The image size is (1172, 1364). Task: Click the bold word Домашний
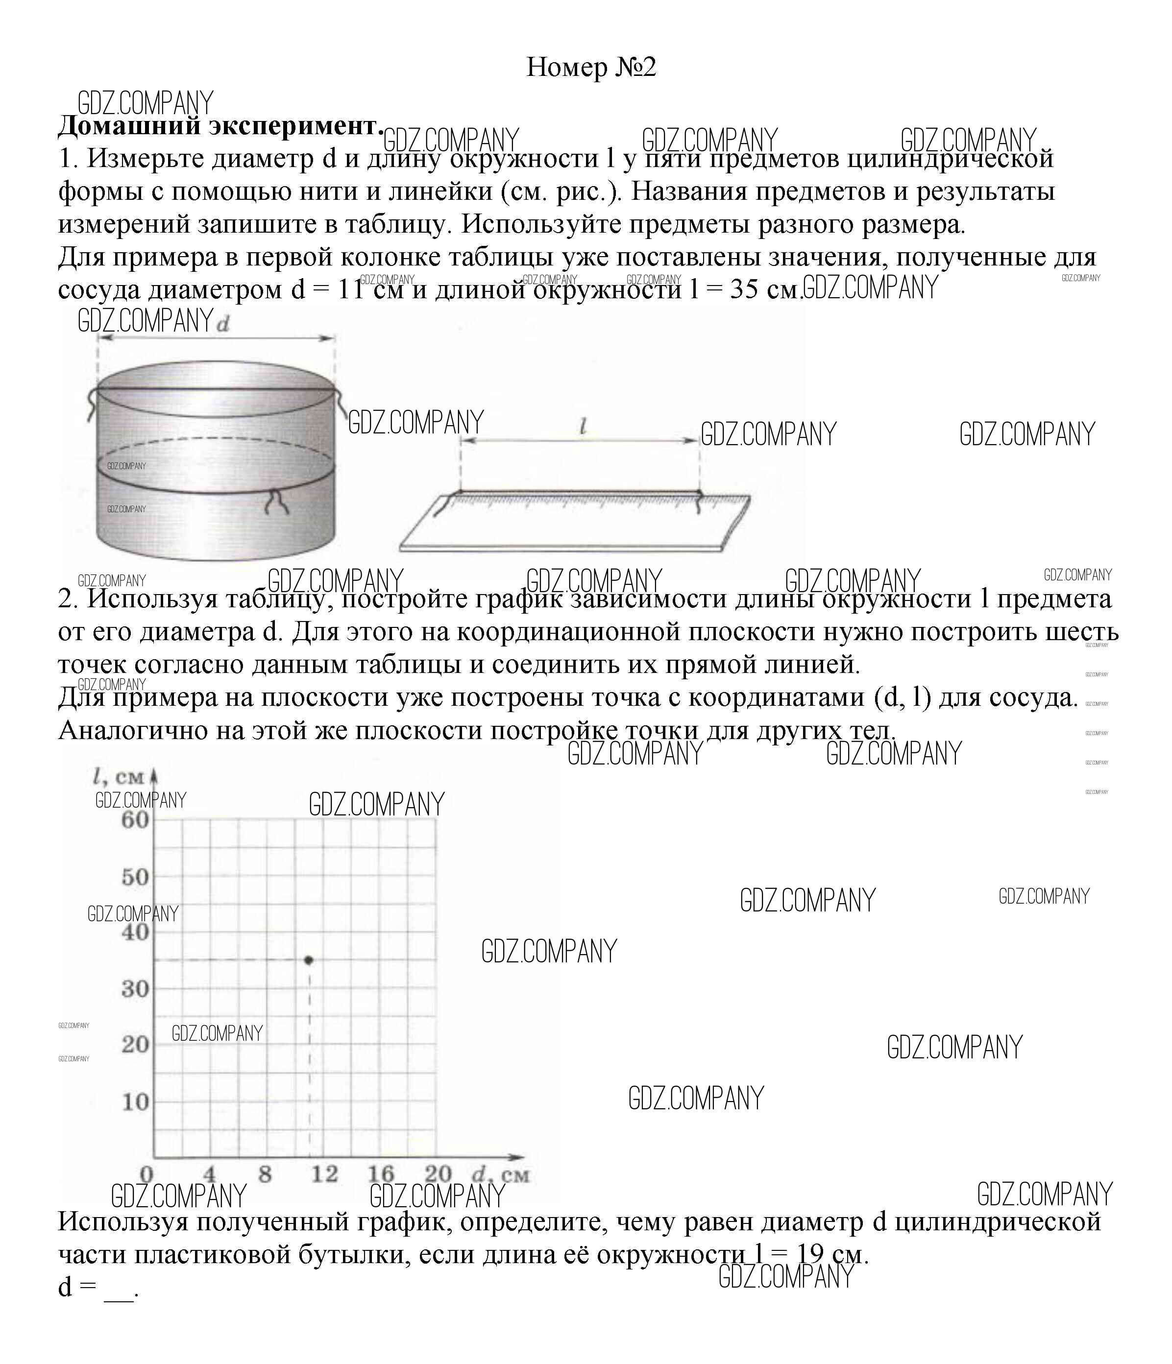pos(129,126)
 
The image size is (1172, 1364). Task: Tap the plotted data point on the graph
pos(309,960)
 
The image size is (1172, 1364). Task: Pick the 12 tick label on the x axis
pos(324,1174)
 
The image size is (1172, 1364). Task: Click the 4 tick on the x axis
pos(209,1174)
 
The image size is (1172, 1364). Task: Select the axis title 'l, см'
pos(119,777)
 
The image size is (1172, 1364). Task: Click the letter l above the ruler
pos(582,427)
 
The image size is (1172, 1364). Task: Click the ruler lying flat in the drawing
pos(573,524)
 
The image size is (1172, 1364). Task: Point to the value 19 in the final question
pos(810,1255)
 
